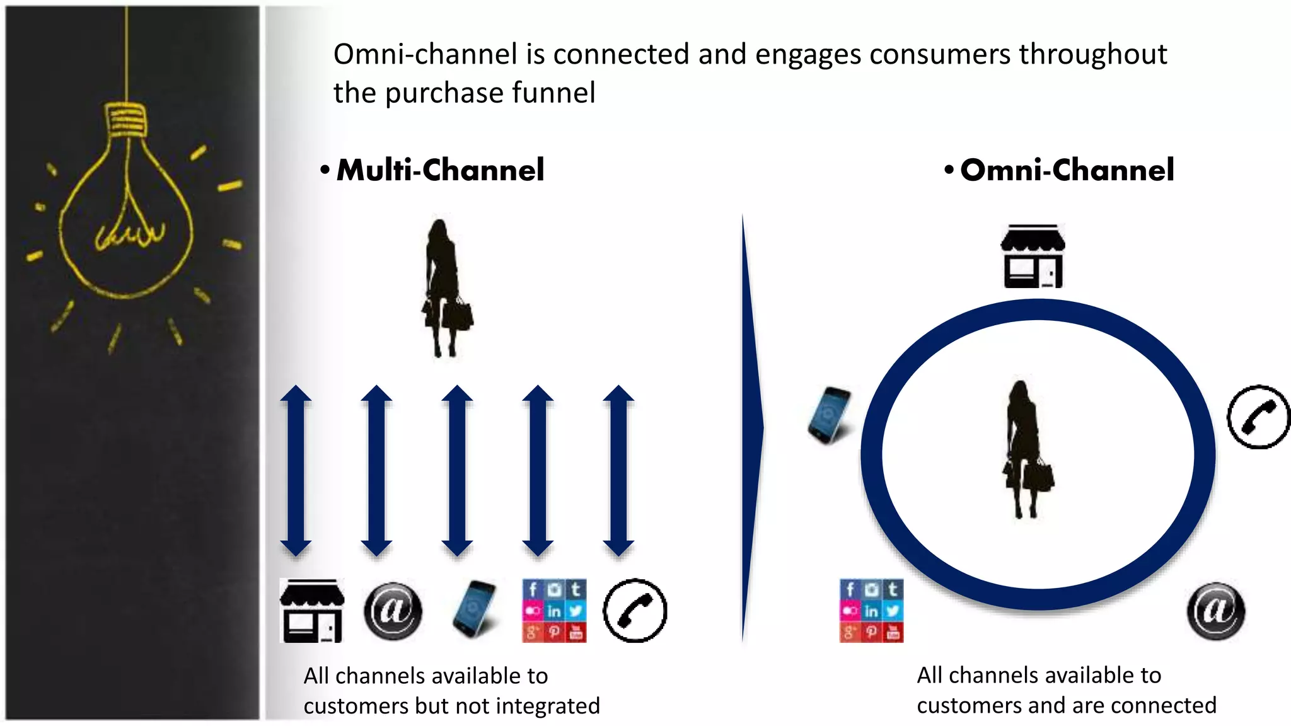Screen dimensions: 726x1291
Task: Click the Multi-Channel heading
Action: (x=440, y=170)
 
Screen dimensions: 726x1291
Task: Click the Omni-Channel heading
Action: (x=1067, y=170)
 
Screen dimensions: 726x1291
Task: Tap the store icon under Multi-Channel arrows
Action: (x=312, y=611)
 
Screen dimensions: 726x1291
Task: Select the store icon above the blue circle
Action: (x=1033, y=256)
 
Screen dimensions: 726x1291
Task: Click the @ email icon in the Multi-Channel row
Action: (x=393, y=611)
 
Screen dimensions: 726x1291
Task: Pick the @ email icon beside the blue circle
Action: (x=1215, y=611)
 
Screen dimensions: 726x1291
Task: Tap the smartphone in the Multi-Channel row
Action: (x=475, y=609)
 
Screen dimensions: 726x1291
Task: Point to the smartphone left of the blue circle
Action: (x=830, y=415)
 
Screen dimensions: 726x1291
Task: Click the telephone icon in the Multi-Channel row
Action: (x=635, y=611)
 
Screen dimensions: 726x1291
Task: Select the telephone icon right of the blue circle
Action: (x=1258, y=417)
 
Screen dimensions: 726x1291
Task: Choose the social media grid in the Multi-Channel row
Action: (x=554, y=611)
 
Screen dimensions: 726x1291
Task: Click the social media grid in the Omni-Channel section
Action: (x=871, y=611)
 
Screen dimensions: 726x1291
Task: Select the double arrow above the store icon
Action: (x=296, y=470)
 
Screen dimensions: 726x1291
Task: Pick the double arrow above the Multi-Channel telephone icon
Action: (x=618, y=470)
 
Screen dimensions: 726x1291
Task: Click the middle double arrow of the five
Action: (x=457, y=470)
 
